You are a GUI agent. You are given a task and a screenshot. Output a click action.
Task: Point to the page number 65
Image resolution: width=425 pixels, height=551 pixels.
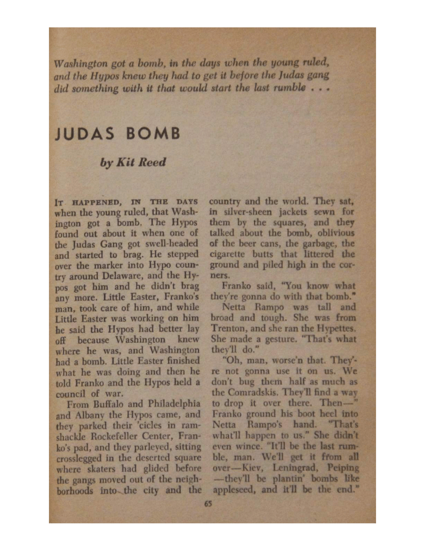(209, 504)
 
